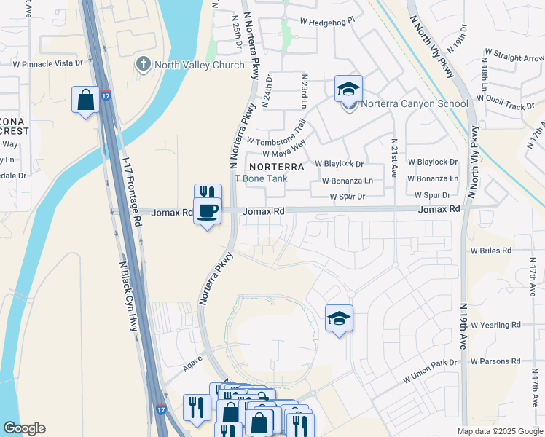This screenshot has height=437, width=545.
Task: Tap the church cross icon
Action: pyautogui.click(x=143, y=65)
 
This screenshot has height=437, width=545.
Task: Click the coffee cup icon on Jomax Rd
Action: pyautogui.click(x=208, y=211)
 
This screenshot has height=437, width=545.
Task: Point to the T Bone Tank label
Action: pyautogui.click(x=261, y=178)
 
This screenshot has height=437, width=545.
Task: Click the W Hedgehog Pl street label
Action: pyautogui.click(x=321, y=22)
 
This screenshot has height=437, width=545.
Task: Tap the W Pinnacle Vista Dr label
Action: pyautogui.click(x=47, y=64)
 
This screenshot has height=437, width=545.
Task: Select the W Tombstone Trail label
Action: pyautogui.click(x=275, y=135)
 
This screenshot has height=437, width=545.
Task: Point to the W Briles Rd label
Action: pyautogui.click(x=491, y=250)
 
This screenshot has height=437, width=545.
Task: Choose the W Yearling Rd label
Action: pyautogui.click(x=495, y=325)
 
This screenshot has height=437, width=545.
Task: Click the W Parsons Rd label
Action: pyautogui.click(x=495, y=361)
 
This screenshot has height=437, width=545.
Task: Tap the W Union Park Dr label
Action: pyautogui.click(x=430, y=371)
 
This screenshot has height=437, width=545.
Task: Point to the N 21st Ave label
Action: pyautogui.click(x=393, y=157)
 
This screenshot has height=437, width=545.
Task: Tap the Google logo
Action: pyautogui.click(x=25, y=428)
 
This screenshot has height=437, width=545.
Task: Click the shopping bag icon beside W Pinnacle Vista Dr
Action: pyautogui.click(x=85, y=100)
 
